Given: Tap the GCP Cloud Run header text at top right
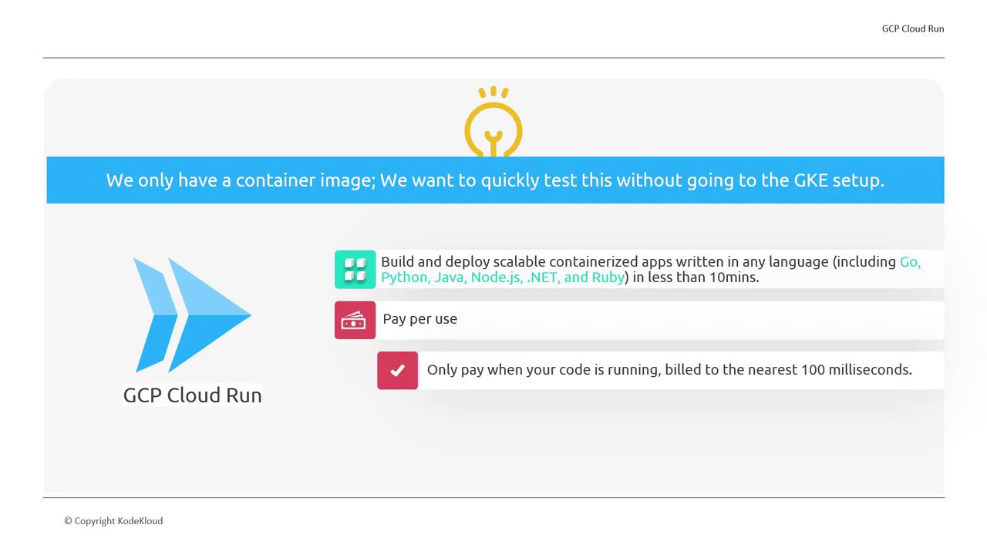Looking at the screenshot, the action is pyautogui.click(x=912, y=29).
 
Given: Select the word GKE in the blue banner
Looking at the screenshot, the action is pyautogui.click(x=810, y=180).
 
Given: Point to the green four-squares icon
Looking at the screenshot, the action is pyautogui.click(x=355, y=270).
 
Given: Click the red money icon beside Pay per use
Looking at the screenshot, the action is pyautogui.click(x=355, y=320).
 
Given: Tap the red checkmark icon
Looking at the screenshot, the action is pyautogui.click(x=397, y=371).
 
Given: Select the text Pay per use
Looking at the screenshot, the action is pyautogui.click(x=420, y=318).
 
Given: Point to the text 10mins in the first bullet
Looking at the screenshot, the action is pyautogui.click(x=735, y=277).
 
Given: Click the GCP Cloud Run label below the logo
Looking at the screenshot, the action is pyautogui.click(x=193, y=395).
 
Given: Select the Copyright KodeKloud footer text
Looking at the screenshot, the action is pyautogui.click(x=113, y=521).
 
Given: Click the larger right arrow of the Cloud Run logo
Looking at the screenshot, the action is pyautogui.click(x=210, y=315).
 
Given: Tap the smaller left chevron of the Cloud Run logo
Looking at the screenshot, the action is pyautogui.click(x=156, y=315).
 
